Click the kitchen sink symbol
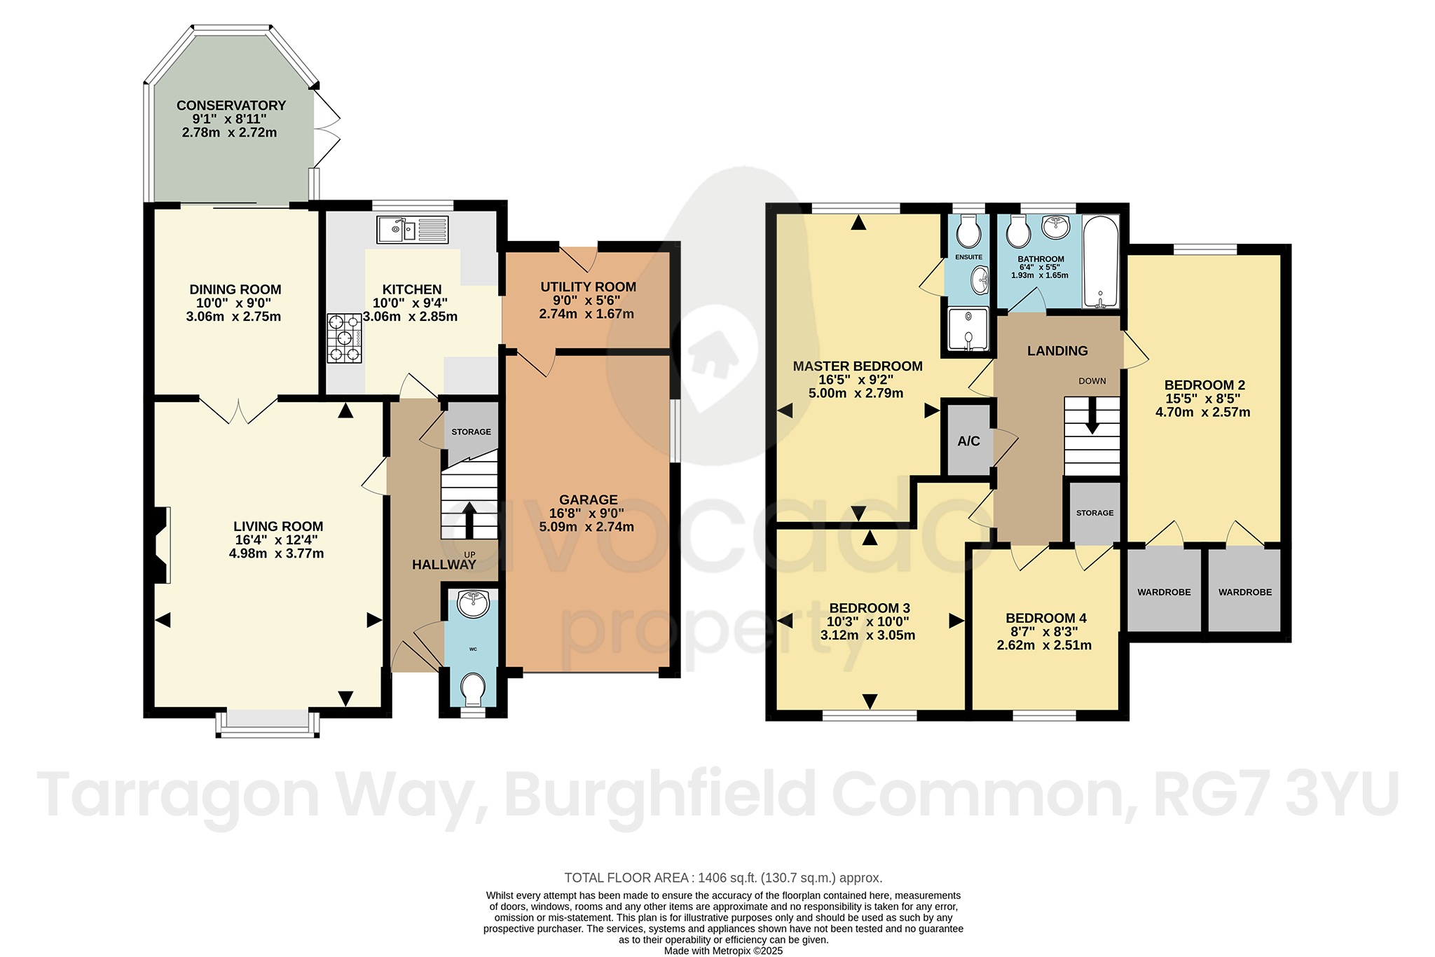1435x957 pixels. [413, 229]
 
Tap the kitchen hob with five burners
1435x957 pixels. [345, 338]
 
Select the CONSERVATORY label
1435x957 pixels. [231, 105]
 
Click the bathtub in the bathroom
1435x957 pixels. [1101, 262]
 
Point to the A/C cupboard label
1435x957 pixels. [968, 441]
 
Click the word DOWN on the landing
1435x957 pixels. [1092, 381]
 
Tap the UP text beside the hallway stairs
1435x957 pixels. [469, 555]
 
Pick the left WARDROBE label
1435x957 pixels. [1164, 592]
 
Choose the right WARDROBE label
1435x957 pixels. [1244, 592]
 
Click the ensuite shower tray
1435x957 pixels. [968, 329]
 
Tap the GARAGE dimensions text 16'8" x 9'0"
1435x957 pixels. [588, 514]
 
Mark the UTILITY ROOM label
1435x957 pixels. [588, 287]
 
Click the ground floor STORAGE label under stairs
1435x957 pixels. [471, 432]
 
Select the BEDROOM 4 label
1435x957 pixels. [1045, 618]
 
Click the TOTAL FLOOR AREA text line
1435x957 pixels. [723, 878]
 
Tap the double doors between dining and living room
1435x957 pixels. [238, 411]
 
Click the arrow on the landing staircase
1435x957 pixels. [1092, 424]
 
